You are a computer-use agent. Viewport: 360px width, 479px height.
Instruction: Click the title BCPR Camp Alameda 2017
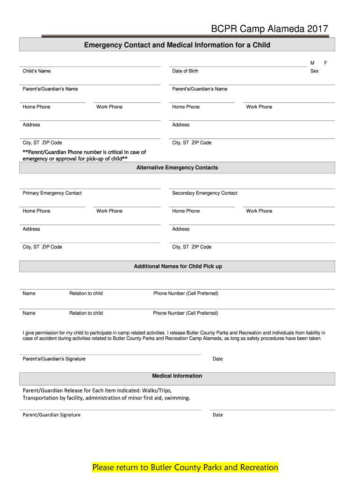[269, 29]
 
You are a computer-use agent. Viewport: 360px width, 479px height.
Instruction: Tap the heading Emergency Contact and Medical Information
[177, 45]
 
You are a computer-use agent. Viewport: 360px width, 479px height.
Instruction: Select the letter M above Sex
[312, 63]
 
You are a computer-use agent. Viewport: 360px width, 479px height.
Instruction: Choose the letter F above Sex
[326, 63]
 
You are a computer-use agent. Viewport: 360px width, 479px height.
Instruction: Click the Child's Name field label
[36, 71]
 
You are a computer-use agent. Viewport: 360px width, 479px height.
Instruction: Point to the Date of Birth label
[185, 71]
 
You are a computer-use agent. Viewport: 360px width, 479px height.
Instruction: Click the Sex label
[314, 71]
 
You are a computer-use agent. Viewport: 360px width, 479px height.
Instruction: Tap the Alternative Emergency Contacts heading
[177, 167]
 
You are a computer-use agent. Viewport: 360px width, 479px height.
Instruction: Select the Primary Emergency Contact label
[52, 193]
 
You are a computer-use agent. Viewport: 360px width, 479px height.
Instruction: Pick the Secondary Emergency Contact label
[204, 193]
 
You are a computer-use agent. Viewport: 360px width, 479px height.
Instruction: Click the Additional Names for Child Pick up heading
[178, 266]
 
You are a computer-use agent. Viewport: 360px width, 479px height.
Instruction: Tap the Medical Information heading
[177, 376]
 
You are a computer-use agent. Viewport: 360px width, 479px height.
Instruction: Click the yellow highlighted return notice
[185, 467]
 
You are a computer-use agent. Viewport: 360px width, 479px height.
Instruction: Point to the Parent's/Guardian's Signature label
[54, 359]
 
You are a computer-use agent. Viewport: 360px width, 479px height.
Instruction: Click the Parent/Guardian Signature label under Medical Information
[51, 415]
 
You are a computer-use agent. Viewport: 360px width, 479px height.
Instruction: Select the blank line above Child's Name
[90, 66]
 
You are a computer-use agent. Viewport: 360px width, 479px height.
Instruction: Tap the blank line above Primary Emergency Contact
[90, 189]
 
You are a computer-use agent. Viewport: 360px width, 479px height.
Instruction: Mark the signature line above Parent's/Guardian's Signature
[110, 355]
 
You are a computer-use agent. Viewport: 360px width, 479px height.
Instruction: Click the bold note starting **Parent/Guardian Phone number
[84, 155]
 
